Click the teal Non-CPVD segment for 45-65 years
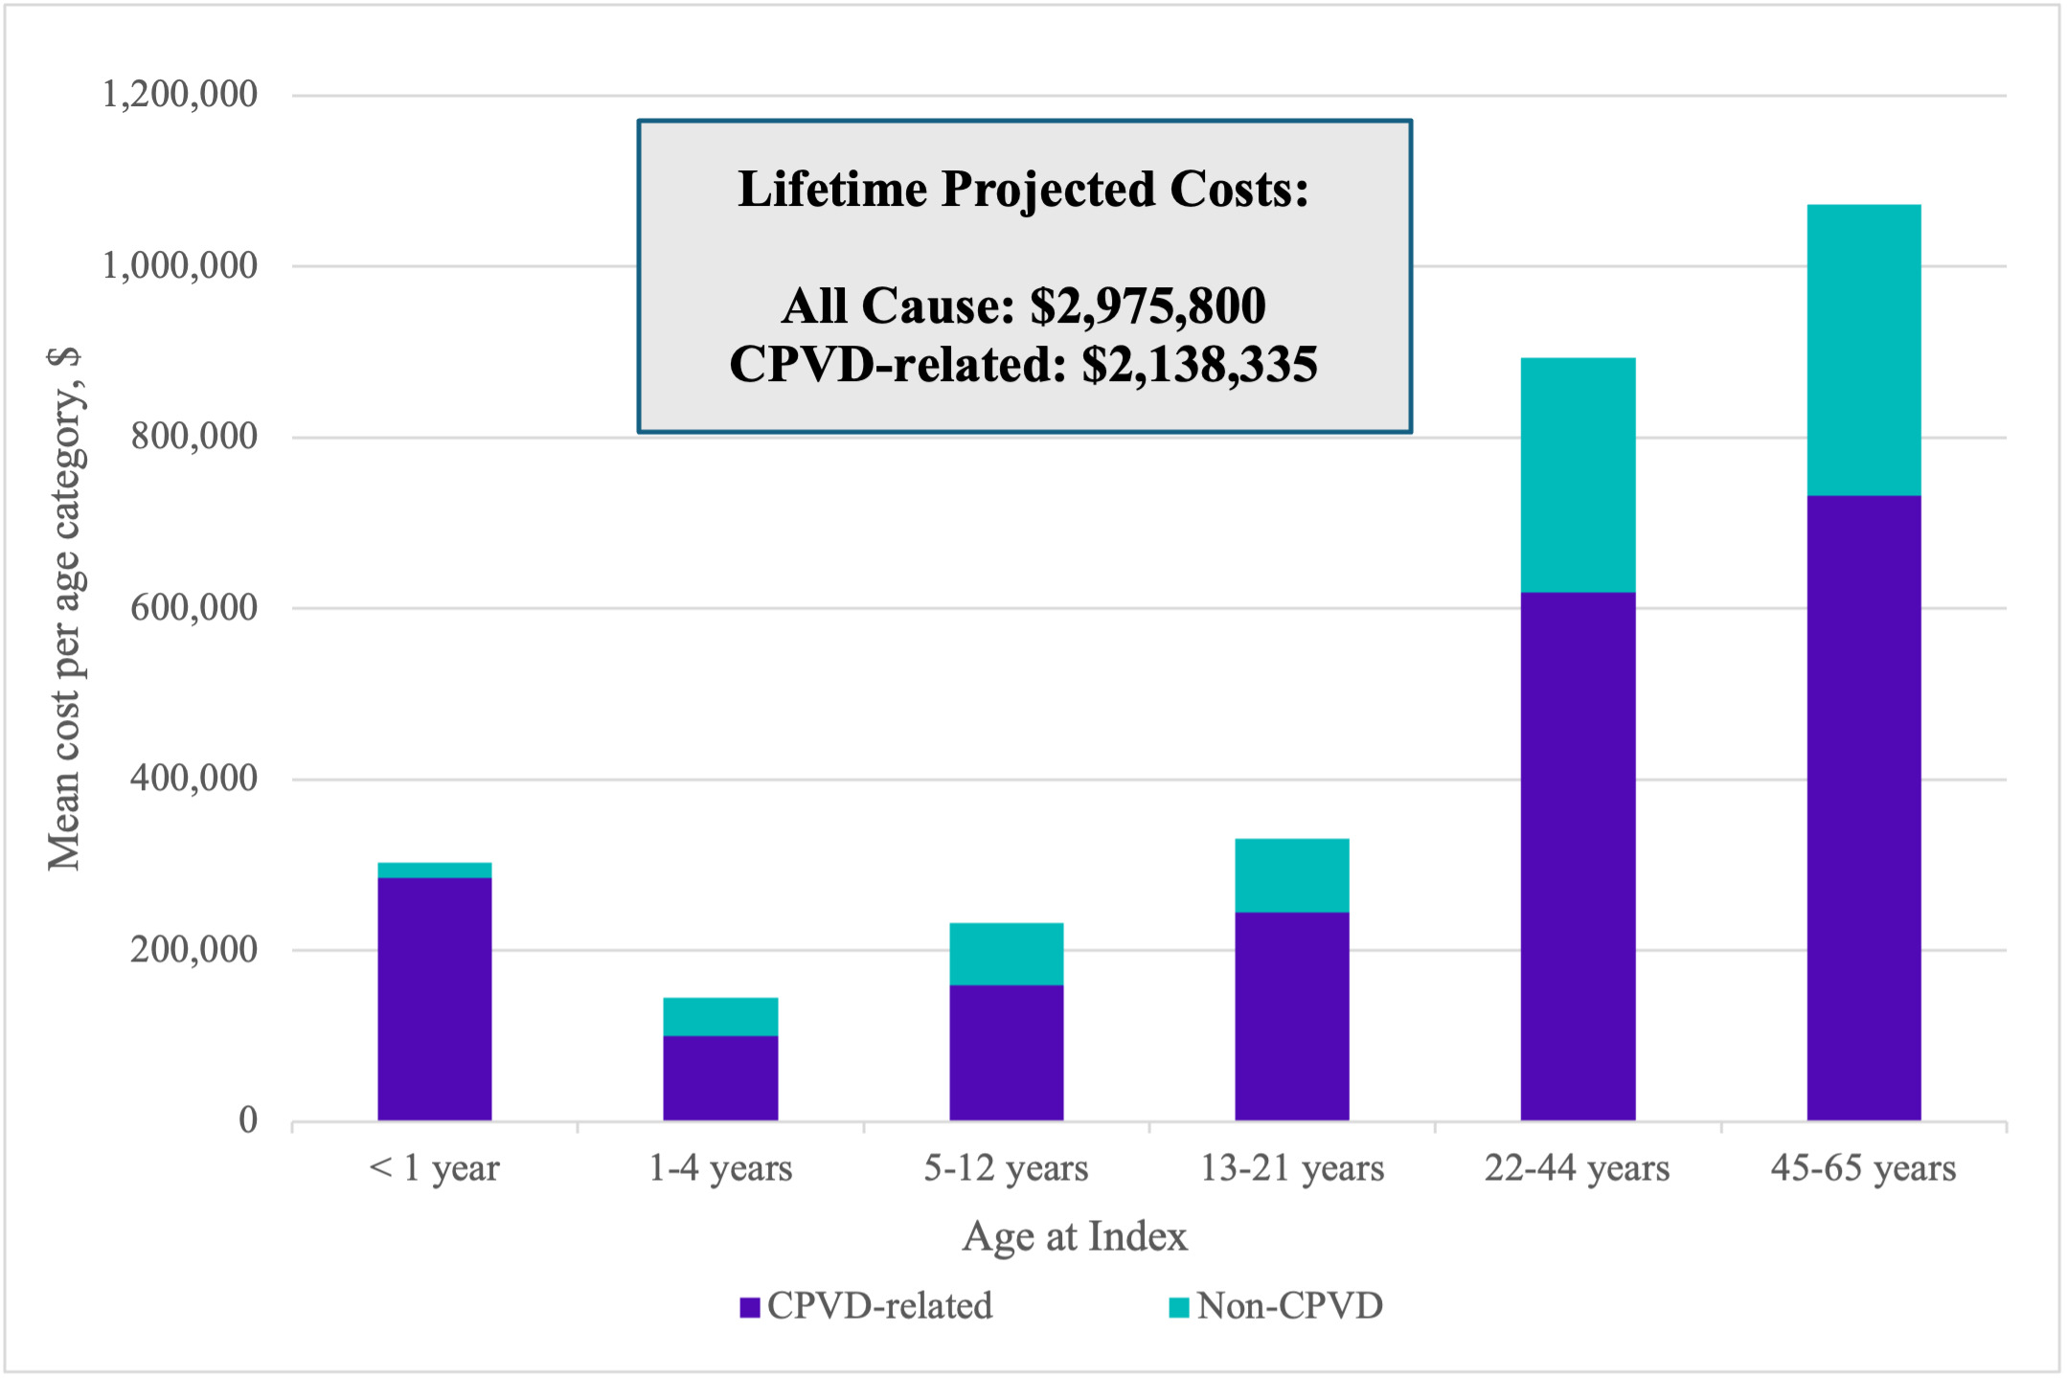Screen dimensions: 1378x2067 1863,350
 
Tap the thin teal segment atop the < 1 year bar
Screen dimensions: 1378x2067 434,870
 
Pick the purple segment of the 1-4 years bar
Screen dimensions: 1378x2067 720,1077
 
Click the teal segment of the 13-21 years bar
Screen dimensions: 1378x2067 1291,875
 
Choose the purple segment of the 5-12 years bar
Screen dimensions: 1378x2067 1006,1051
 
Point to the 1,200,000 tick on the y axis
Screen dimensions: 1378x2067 180,95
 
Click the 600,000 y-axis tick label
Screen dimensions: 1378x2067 194,607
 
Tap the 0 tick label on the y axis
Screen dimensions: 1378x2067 248,1119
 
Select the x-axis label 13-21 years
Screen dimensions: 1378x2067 1292,1168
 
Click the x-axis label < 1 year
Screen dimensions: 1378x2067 434,1168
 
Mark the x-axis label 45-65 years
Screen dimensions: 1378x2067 1863,1168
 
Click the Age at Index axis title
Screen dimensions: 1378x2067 1074,1236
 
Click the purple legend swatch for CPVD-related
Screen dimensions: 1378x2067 749,1307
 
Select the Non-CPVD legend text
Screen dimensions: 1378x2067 1289,1306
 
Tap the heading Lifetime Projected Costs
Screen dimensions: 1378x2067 1023,189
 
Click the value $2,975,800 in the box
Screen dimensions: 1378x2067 1147,306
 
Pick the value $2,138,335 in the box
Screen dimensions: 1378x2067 1199,365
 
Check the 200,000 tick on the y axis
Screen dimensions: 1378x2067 194,949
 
